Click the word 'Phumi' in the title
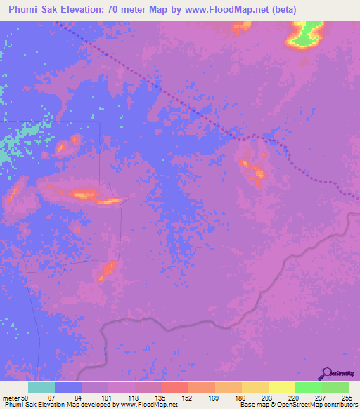click(x=25, y=10)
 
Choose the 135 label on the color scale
click(x=161, y=398)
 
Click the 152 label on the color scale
click(x=188, y=398)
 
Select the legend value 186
click(x=241, y=398)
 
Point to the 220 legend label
click(x=295, y=398)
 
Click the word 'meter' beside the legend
click(x=11, y=398)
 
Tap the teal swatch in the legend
click(x=41, y=387)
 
